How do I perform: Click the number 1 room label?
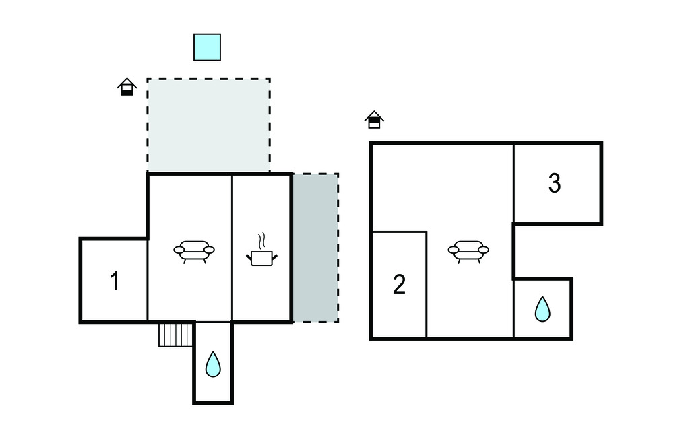[115, 281]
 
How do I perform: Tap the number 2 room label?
[399, 284]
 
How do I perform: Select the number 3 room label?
[555, 183]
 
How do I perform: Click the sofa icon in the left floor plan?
[194, 252]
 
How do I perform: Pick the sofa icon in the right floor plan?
[469, 252]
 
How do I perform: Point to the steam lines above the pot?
[262, 240]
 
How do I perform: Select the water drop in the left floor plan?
[213, 364]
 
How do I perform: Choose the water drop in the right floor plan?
[542, 309]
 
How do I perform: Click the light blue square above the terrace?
[208, 47]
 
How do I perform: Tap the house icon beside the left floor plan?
[127, 87]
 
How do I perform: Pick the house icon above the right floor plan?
[374, 120]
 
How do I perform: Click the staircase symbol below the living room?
[176, 335]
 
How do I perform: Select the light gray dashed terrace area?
[209, 125]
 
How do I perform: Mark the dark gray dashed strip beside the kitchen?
[315, 248]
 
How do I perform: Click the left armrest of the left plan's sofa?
[179, 250]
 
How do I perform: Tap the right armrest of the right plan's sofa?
[484, 250]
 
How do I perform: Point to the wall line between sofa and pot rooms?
[232, 248]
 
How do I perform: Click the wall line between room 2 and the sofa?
[427, 285]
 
